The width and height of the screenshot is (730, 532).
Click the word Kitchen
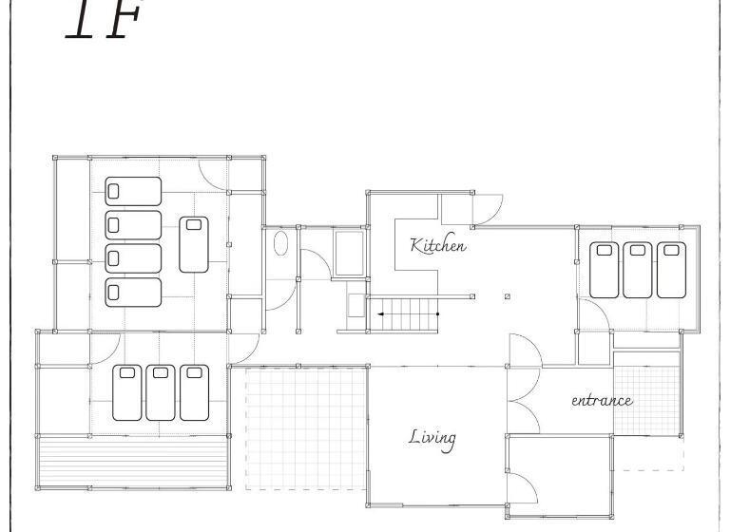tap(438, 245)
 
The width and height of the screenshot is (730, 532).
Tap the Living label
tap(432, 437)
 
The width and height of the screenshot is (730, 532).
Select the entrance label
tap(602, 401)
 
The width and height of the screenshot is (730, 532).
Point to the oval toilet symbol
tap(280, 244)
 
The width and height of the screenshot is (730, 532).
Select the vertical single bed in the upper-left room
tap(194, 244)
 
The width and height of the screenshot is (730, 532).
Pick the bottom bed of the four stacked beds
tap(133, 292)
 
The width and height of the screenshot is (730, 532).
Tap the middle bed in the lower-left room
tap(161, 392)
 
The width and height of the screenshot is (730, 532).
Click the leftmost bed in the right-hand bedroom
tap(604, 270)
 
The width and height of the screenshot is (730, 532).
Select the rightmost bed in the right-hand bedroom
tap(671, 270)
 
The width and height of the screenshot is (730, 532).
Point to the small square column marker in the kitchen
tap(508, 296)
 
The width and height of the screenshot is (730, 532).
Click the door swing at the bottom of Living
tap(522, 488)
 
